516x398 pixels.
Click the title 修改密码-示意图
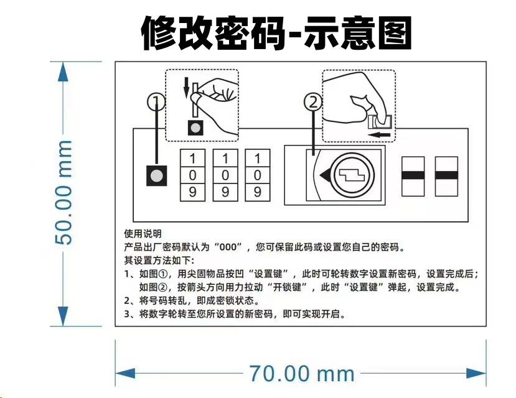coord(276,33)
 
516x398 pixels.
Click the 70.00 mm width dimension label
coord(301,374)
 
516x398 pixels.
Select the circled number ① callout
coord(156,100)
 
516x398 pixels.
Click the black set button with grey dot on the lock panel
coord(157,176)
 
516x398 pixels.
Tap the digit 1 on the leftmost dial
coord(192,158)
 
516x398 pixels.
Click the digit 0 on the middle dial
coord(225,175)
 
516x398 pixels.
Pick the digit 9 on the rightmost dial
coord(258,192)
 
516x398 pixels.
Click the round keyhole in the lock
coord(352,176)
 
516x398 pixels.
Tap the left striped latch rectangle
coord(413,177)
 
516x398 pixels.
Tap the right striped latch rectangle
coord(446,177)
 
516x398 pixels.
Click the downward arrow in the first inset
coord(185,88)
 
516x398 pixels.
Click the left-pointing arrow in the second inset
coord(379,133)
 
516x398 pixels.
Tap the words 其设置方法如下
coord(159,260)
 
